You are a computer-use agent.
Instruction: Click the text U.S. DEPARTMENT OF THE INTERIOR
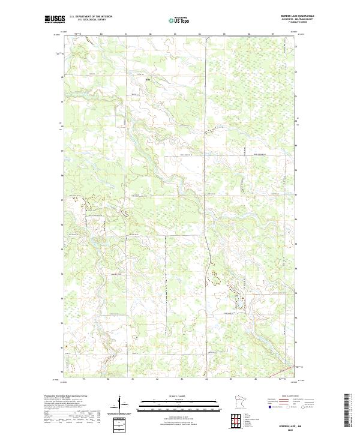tap(91, 17)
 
